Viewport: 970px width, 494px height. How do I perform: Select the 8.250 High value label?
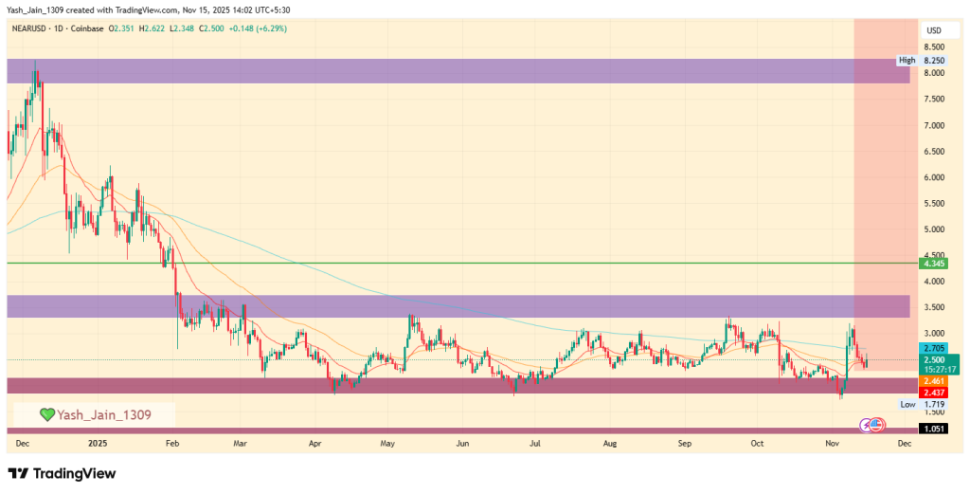pyautogui.click(x=933, y=61)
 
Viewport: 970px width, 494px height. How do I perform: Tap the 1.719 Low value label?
pyautogui.click(x=933, y=404)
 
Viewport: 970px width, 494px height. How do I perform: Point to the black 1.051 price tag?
pyautogui.click(x=933, y=429)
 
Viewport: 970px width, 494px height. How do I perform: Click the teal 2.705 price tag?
pyautogui.click(x=933, y=349)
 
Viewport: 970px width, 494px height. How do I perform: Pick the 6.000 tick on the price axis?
pyautogui.click(x=933, y=177)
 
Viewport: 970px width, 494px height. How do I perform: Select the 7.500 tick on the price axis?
pyautogui.click(x=933, y=99)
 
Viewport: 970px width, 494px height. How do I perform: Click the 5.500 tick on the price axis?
pyautogui.click(x=933, y=204)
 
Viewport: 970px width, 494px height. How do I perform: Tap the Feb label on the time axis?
pyautogui.click(x=171, y=443)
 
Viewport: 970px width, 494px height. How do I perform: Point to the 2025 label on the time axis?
pyautogui.click(x=99, y=443)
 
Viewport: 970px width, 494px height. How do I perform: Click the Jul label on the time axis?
pyautogui.click(x=535, y=443)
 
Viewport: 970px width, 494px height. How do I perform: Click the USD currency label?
pyautogui.click(x=932, y=29)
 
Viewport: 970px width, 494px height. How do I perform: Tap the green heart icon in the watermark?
pyautogui.click(x=46, y=414)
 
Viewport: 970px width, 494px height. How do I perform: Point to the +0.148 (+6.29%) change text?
pyautogui.click(x=253, y=28)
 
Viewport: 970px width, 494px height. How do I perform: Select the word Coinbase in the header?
pyautogui.click(x=86, y=28)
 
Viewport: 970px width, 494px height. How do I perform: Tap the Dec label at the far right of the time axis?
pyautogui.click(x=904, y=443)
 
